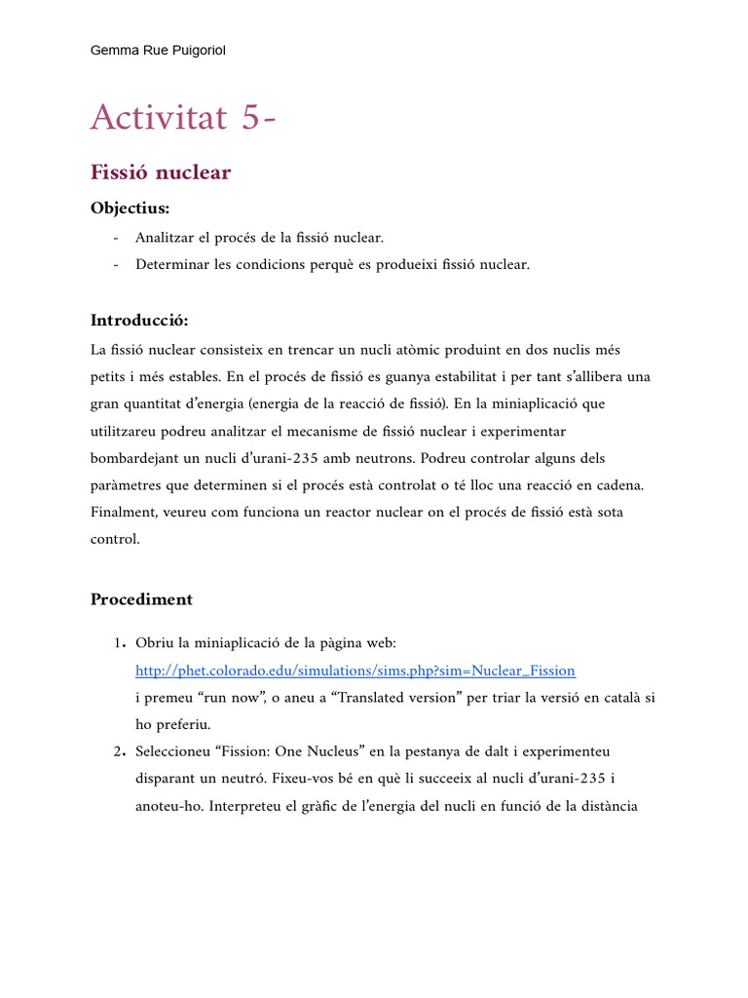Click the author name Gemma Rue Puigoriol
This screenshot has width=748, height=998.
click(x=158, y=50)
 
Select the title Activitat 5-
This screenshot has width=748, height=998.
click(x=183, y=118)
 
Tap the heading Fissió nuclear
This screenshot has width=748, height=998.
click(x=161, y=173)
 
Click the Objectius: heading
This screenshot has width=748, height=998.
click(x=130, y=209)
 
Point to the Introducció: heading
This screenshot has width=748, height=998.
click(x=139, y=321)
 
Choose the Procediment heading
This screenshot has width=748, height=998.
click(x=141, y=599)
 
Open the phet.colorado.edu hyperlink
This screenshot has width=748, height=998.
click(x=355, y=671)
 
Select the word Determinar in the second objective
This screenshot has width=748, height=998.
click(x=171, y=265)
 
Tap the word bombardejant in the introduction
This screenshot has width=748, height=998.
click(x=135, y=458)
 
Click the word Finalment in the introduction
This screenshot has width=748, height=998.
click(x=123, y=513)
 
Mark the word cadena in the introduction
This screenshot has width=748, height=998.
click(x=621, y=485)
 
